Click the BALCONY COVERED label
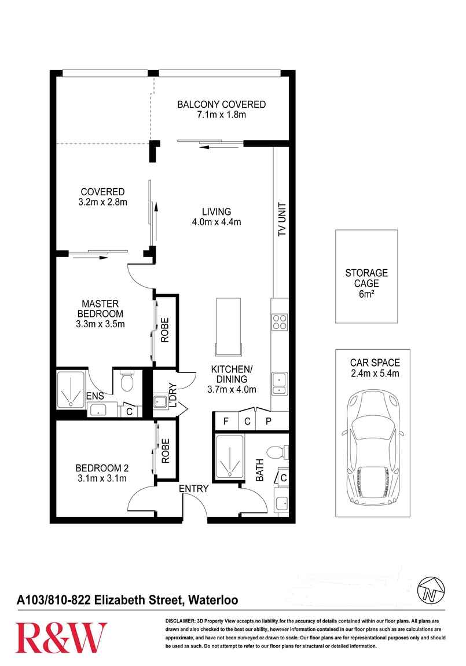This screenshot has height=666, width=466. (221, 105)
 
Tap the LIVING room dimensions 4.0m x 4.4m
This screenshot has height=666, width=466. (217, 222)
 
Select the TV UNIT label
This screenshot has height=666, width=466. (282, 219)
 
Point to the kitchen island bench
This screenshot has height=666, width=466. (229, 325)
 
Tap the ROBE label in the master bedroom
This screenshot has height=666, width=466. (165, 330)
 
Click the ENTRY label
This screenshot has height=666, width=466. (193, 489)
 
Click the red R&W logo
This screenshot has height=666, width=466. (61, 637)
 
